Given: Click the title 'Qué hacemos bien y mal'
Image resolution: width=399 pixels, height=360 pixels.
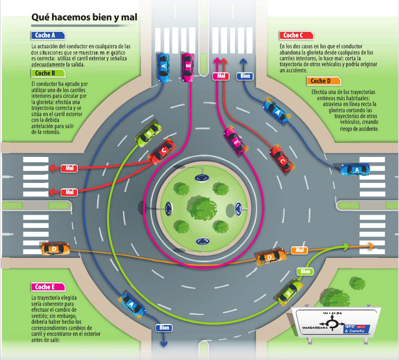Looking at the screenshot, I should [x=84, y=17].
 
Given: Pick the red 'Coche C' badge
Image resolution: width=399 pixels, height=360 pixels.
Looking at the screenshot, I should [x=296, y=35].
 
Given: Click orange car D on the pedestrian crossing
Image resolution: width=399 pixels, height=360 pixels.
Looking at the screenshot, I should [x=55, y=249].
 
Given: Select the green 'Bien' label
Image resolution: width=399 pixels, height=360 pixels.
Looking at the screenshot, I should [x=305, y=271].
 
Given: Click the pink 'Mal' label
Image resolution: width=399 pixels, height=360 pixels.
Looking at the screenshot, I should [x=221, y=76].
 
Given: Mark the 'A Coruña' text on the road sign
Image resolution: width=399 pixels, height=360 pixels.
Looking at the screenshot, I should [x=354, y=331].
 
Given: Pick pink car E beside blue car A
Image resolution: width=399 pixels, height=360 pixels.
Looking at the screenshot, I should [x=187, y=67].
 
